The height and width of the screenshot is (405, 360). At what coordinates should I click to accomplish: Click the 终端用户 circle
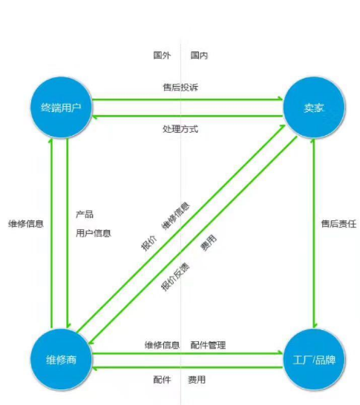click(x=62, y=108)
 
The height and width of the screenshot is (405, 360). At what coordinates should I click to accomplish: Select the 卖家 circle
click(x=314, y=108)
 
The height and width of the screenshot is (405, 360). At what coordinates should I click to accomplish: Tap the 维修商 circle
click(x=62, y=360)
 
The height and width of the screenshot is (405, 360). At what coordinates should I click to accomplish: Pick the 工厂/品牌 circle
click(x=314, y=360)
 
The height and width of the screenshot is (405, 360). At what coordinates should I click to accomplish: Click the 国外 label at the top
click(x=162, y=55)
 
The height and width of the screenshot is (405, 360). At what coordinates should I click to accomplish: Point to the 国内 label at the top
click(x=199, y=55)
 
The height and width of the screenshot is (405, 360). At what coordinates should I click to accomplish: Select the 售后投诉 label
click(x=180, y=88)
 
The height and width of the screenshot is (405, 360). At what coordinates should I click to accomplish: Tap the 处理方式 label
click(x=180, y=129)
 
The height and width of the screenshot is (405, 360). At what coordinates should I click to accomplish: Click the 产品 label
click(x=85, y=214)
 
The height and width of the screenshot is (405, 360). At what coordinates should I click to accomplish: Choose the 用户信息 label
click(x=94, y=233)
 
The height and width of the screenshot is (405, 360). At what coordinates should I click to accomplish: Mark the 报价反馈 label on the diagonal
click(x=175, y=277)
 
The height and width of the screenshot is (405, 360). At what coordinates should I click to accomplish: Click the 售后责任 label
click(x=338, y=224)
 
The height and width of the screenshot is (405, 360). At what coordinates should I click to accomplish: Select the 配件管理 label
click(x=208, y=345)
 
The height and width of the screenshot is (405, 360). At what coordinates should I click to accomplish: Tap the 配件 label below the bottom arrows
click(x=162, y=380)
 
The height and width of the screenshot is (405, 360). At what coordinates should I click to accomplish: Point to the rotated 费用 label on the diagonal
click(x=209, y=243)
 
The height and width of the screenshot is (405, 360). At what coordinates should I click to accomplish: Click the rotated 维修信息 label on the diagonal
click(x=176, y=216)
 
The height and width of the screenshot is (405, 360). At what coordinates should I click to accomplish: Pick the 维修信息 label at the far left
click(x=26, y=224)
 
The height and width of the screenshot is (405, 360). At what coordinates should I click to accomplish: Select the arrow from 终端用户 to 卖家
click(x=188, y=99)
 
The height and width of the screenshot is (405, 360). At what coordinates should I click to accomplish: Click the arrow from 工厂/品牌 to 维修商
click(x=188, y=367)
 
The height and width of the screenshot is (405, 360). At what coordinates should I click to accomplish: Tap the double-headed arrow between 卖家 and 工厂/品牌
click(x=314, y=234)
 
